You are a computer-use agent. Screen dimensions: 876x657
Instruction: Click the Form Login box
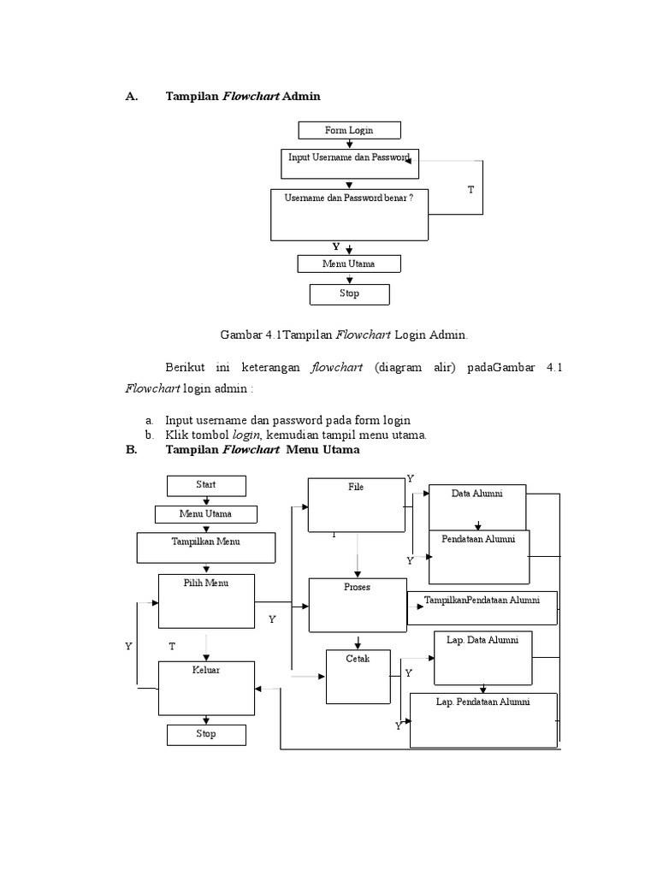tap(349, 130)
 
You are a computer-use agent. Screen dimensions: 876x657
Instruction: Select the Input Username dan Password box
tap(349, 163)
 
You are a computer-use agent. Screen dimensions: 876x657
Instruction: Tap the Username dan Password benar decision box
tap(349, 214)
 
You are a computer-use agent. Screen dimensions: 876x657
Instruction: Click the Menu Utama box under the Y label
tap(349, 263)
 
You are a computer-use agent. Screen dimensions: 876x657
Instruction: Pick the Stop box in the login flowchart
tap(349, 294)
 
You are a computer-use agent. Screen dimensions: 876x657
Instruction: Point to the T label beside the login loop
tap(470, 189)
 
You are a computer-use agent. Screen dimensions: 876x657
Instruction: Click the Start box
tap(205, 485)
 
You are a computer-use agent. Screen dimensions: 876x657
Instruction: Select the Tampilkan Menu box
tap(205, 547)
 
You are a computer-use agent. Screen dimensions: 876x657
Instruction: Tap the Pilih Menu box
tap(206, 601)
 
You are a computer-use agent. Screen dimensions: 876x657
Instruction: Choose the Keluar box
tap(206, 687)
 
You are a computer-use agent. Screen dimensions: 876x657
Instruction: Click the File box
tap(356, 505)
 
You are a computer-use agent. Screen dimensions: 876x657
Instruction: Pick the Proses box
tap(357, 605)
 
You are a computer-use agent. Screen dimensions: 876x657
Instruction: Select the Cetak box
tap(358, 677)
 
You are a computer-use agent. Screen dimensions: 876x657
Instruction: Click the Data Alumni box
tap(477, 506)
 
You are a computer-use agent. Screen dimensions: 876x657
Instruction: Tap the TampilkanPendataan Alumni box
tap(482, 601)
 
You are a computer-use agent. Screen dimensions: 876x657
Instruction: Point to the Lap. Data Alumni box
tap(483, 658)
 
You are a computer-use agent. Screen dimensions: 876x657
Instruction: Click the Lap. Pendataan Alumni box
tap(483, 719)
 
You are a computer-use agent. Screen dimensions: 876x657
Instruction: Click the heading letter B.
tap(131, 449)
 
